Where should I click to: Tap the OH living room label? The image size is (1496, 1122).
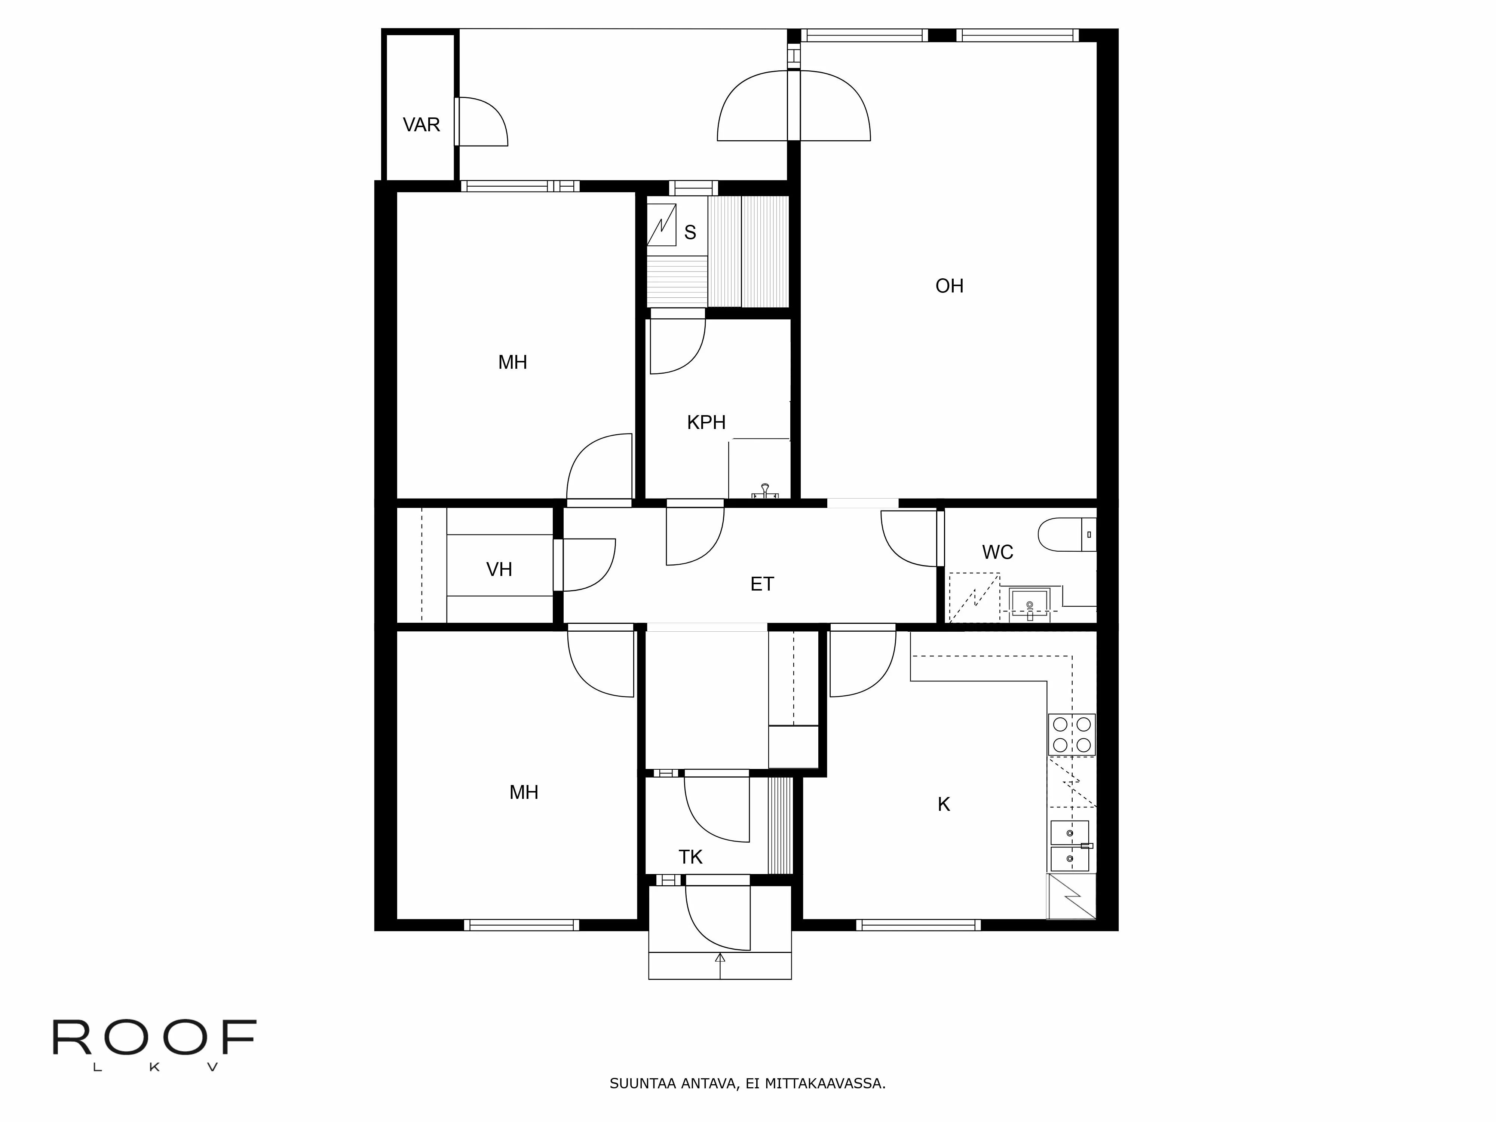point(949,286)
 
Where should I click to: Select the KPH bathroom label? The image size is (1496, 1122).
point(706,423)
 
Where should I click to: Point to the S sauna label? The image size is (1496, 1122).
point(690,233)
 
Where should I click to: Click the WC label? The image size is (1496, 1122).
point(997,552)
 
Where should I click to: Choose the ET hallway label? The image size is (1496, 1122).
point(761,584)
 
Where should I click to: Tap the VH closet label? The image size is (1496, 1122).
point(499,570)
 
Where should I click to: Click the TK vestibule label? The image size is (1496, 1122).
point(690,858)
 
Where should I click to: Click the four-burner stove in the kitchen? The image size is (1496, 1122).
point(1071,735)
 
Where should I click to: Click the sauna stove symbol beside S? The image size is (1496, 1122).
point(662,224)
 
